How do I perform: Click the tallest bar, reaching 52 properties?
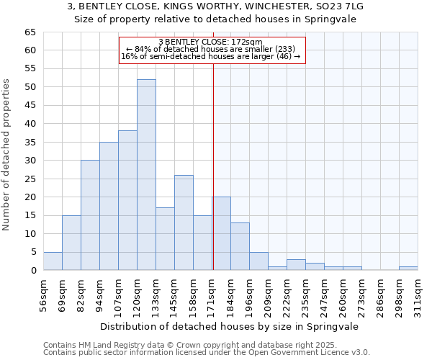pos(146,175)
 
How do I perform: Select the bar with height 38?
pos(127,200)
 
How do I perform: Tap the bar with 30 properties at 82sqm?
pos(90,215)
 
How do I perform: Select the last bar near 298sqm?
pos(408,269)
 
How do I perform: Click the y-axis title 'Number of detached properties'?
pos(7,155)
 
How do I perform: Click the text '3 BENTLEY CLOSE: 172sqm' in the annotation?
pos(210,42)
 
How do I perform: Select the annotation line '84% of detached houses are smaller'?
pos(210,49)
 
